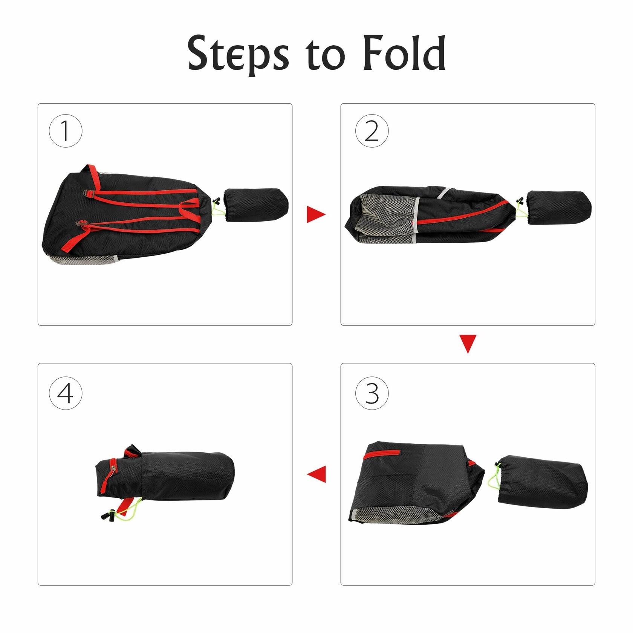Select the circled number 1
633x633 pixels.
(66, 131)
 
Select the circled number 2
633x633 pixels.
(372, 131)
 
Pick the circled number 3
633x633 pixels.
(372, 393)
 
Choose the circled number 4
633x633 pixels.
(66, 393)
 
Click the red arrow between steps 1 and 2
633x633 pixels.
(316, 214)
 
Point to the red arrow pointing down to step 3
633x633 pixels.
(468, 344)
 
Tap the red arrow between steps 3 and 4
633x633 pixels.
(316, 474)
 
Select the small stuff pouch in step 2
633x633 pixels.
(559, 208)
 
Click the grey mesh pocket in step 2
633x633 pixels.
(387, 219)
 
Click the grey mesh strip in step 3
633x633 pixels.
(399, 515)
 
